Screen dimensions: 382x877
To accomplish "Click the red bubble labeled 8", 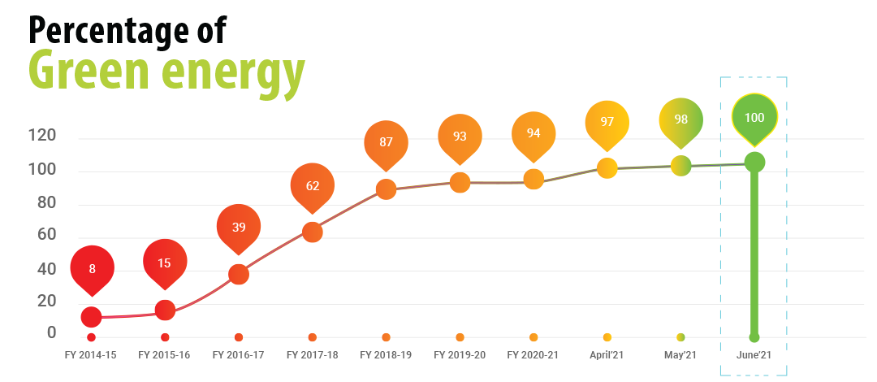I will (92, 267).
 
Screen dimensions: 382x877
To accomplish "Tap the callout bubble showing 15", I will (165, 262).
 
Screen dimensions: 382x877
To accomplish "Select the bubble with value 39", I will (239, 227).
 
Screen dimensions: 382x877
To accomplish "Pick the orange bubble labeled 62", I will (313, 184).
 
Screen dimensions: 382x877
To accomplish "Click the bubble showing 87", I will (386, 142).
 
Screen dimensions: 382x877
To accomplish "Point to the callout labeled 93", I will (460, 136).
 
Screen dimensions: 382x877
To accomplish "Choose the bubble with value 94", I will (534, 132).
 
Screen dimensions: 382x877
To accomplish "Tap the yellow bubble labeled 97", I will (607, 121).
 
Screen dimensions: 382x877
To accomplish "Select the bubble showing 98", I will (680, 119).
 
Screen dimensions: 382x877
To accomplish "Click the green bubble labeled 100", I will (754, 117).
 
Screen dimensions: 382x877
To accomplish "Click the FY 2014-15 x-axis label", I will (91, 355).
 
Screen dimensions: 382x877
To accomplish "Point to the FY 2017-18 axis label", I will (313, 355).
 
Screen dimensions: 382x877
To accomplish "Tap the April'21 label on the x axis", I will (607, 355).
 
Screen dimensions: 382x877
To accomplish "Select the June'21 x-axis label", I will (754, 355).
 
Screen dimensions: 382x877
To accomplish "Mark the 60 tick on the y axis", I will (45, 236).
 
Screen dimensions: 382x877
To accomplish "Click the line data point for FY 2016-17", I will (239, 274).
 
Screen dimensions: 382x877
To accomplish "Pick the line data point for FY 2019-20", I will (460, 182).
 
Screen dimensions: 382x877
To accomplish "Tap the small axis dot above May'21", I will (680, 337).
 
